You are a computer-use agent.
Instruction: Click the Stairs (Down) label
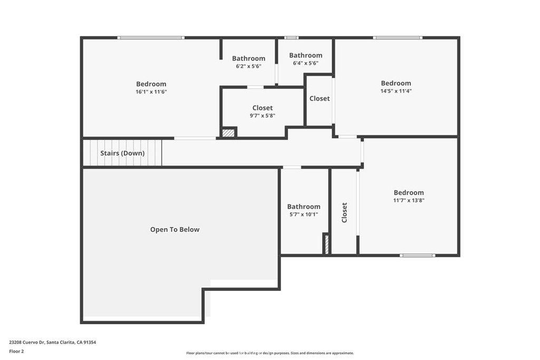[x=122, y=153]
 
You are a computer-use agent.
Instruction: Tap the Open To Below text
[x=175, y=229]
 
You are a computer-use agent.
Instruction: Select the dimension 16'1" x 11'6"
[x=151, y=92]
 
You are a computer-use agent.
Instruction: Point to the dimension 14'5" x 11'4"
[x=396, y=91]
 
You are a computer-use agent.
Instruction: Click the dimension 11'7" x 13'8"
[x=408, y=200]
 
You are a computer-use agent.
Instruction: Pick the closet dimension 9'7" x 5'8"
[x=262, y=115]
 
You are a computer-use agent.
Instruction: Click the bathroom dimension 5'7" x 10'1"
[x=303, y=214]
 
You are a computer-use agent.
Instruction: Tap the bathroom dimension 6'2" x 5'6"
[x=248, y=66]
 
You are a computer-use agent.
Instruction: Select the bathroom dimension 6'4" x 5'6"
[x=305, y=63]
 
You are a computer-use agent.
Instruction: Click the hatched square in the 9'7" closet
[x=228, y=133]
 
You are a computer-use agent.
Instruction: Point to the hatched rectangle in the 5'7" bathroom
[x=326, y=245]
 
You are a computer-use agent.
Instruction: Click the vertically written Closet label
[x=344, y=212]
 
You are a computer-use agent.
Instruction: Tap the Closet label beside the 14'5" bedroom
[x=320, y=99]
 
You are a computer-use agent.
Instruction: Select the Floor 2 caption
[x=16, y=351]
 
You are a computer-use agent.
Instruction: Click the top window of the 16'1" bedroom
[x=150, y=37]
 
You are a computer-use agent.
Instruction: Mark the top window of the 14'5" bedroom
[x=398, y=37]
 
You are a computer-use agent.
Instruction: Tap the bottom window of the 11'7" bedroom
[x=417, y=256]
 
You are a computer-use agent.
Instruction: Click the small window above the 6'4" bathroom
[x=291, y=37]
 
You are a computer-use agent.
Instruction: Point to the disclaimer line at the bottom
[x=269, y=353]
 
